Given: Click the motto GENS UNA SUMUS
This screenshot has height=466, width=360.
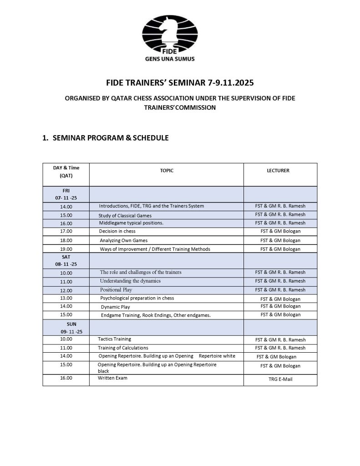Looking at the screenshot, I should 179,59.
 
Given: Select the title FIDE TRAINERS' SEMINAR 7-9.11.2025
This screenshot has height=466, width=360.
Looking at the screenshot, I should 180,83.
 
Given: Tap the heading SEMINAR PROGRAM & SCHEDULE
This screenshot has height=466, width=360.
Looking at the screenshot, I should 111,138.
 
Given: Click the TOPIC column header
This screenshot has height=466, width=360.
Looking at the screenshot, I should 167,171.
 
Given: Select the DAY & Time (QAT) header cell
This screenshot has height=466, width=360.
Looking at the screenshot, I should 66,172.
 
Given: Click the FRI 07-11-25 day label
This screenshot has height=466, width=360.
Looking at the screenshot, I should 66,194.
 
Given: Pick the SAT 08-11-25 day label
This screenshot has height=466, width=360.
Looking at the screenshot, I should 66,260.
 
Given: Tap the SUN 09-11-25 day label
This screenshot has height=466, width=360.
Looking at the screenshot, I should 66,327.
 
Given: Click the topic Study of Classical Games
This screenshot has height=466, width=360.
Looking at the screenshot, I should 125,215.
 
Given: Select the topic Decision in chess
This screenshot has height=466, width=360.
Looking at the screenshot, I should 117,232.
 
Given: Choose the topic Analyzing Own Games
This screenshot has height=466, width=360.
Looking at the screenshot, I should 124,240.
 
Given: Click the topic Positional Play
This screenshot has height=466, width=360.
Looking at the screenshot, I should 117,290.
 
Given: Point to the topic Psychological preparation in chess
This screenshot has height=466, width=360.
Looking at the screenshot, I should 137,298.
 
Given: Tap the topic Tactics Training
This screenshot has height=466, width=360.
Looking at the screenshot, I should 114,339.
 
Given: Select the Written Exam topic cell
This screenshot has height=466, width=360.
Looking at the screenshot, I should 112,378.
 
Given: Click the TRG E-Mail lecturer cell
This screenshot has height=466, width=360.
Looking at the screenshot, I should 280,379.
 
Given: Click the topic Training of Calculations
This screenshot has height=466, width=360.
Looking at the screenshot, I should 123,348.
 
